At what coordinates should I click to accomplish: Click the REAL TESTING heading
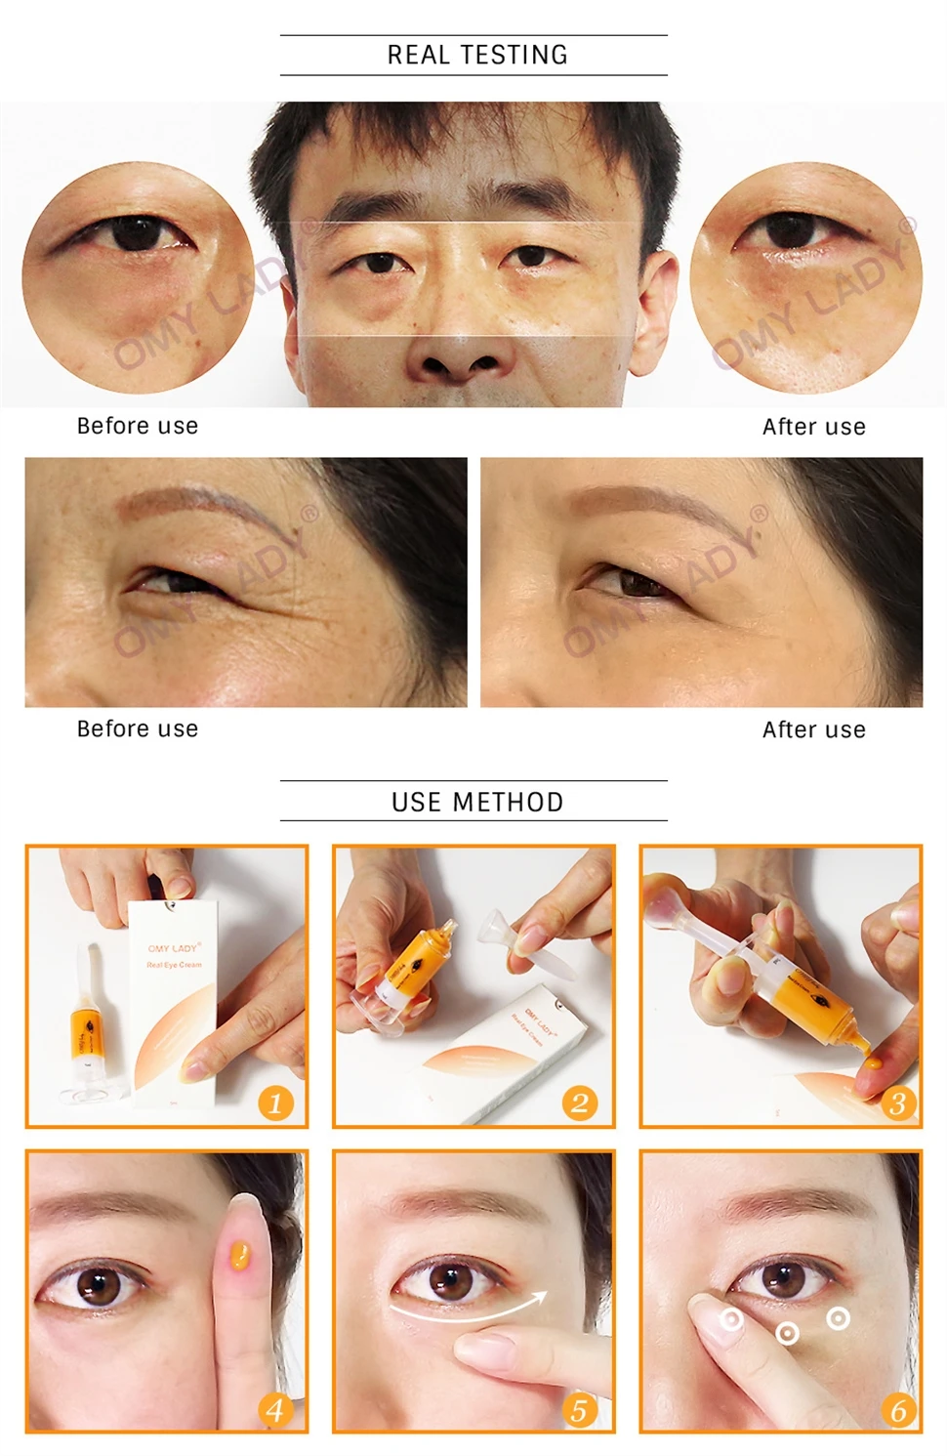click(x=477, y=55)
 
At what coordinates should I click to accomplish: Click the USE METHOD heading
click(x=477, y=802)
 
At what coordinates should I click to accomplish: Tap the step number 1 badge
click(x=275, y=1103)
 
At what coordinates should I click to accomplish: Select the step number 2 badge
click(x=580, y=1103)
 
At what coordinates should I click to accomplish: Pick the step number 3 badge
click(x=897, y=1103)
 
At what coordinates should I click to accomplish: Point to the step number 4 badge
click(x=275, y=1410)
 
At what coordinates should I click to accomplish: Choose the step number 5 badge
click(x=580, y=1410)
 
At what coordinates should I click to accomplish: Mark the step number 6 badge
click(x=897, y=1410)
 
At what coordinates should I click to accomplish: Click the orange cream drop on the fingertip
click(x=236, y=1253)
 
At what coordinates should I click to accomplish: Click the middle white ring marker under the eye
click(x=787, y=1333)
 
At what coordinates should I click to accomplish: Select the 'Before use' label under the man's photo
click(x=138, y=426)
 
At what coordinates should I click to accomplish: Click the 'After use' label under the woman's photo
click(x=813, y=729)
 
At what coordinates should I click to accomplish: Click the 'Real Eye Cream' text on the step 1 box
click(x=175, y=965)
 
